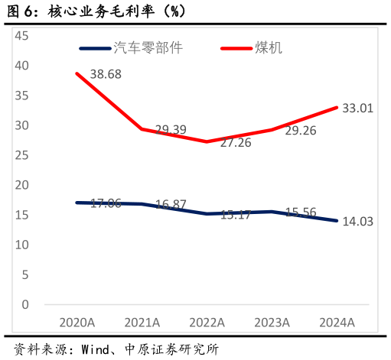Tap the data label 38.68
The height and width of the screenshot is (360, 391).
point(106,74)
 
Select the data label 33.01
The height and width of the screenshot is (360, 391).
point(357,109)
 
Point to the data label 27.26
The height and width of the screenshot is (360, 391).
point(235,142)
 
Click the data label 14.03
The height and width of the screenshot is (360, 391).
point(357,222)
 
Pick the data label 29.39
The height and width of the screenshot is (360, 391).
point(171,130)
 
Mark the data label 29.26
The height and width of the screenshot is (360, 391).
point(301,131)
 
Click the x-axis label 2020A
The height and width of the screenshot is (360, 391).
point(77,323)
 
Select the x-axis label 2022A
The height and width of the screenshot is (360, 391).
point(207,323)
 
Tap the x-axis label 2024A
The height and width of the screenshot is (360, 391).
point(337,323)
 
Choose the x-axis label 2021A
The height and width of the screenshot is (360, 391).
point(142,323)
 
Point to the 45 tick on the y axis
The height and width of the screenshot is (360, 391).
point(21,36)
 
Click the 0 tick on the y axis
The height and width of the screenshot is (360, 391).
point(25,304)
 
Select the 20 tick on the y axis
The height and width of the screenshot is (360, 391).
point(21,185)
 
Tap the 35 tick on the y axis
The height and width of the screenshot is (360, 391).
point(21,96)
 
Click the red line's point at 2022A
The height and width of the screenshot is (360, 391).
point(207,141)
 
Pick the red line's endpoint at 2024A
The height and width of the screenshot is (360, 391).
point(337,107)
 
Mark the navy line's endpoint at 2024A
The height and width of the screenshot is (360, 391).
point(337,220)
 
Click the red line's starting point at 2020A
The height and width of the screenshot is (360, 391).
point(77,73)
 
